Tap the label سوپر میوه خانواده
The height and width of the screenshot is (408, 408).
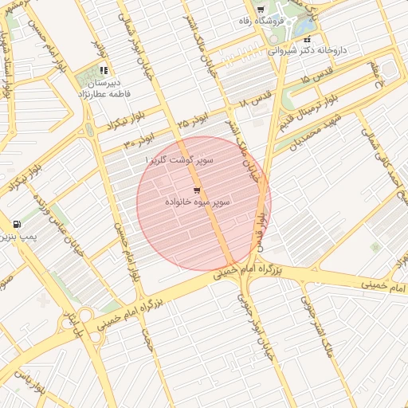coord(198,202)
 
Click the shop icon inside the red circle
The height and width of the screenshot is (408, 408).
coord(197,190)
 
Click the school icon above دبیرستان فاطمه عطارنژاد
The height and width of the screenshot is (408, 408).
coord(104,71)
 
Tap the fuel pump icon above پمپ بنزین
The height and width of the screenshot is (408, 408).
coord(18,226)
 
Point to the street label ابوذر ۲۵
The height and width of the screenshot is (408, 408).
coord(193,124)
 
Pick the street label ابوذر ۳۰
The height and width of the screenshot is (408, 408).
coord(139,142)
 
